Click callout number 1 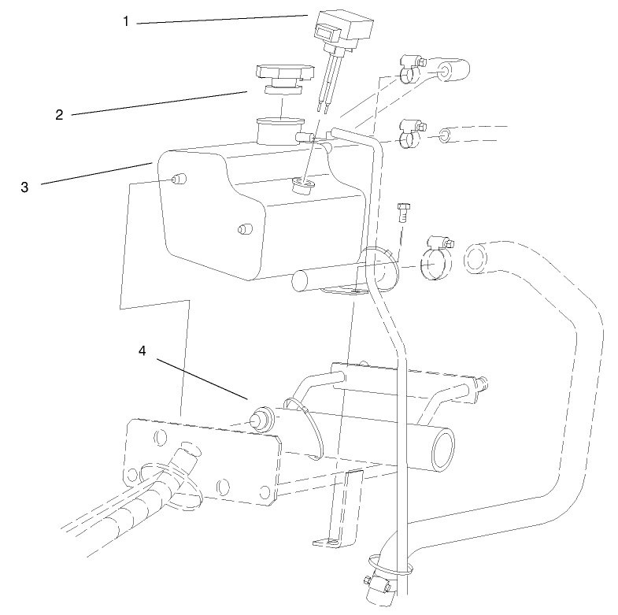tap(125, 21)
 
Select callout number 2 tap(59, 114)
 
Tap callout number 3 tap(24, 187)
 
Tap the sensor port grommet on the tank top tap(302, 186)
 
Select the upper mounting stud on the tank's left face tap(178, 180)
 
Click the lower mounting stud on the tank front tap(243, 230)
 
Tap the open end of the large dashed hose tap(477, 258)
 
